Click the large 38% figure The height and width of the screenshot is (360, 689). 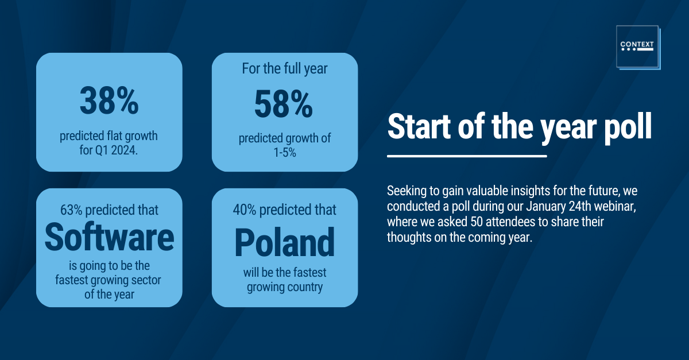(109, 101)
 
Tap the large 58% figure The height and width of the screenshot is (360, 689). (284, 104)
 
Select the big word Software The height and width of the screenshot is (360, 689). (109, 237)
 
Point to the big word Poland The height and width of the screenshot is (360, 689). (285, 242)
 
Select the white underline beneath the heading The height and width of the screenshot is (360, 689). (467, 156)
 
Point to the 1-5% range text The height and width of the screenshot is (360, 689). (285, 153)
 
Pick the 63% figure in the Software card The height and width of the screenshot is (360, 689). (71, 210)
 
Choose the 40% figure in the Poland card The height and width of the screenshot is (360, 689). (245, 210)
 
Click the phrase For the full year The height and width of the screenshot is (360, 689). (285, 69)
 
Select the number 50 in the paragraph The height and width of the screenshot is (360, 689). (477, 222)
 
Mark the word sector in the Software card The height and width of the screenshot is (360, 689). (146, 280)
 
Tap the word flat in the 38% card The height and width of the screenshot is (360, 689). (113, 136)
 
